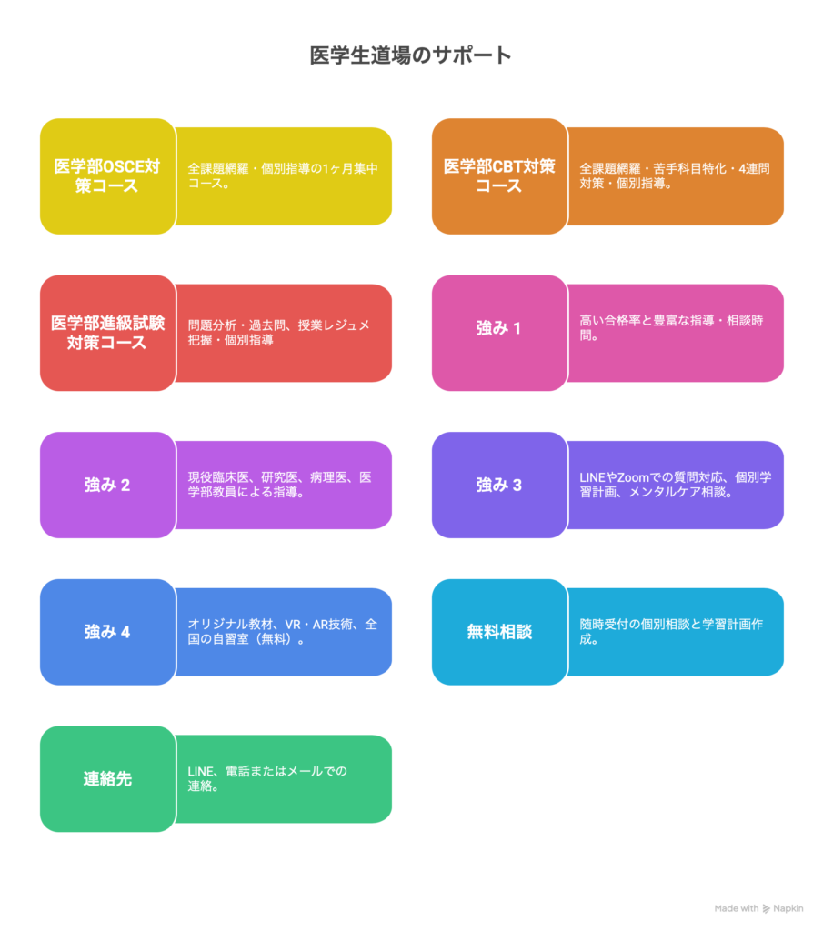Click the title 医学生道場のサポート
[x=410, y=55]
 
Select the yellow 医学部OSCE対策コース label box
[x=107, y=176]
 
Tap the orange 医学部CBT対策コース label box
[x=499, y=176]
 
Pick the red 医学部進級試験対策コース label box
[x=107, y=333]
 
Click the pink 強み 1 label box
[x=499, y=328]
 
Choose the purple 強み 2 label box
[x=107, y=485]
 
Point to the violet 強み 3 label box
[x=499, y=485]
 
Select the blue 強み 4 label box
[x=107, y=631]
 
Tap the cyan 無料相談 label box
[x=499, y=631]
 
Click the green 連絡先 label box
[x=107, y=779]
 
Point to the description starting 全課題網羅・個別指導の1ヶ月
[x=283, y=175]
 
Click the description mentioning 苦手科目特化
[x=675, y=175]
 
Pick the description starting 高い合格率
[x=675, y=328]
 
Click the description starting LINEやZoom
[x=675, y=485]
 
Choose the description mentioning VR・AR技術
[x=283, y=631]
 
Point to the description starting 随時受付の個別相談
[x=675, y=631]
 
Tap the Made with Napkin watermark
[x=758, y=908]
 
